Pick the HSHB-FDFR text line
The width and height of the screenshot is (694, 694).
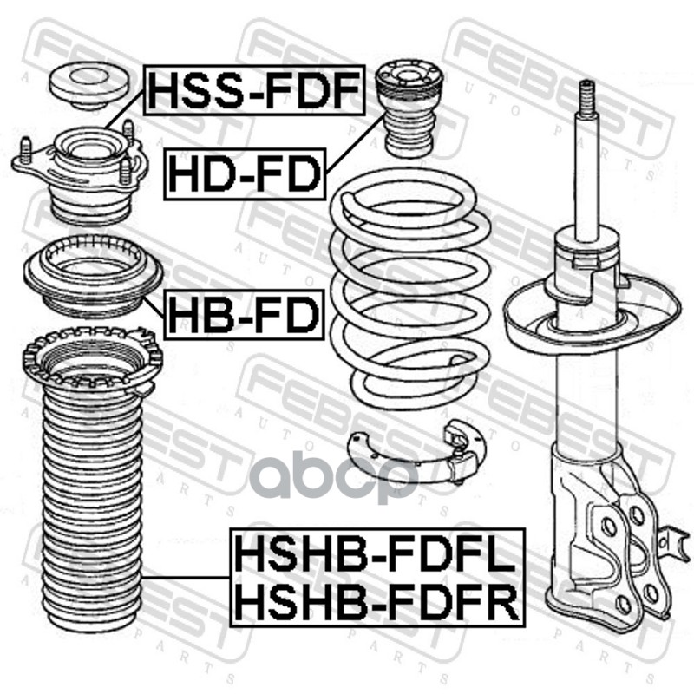click(375, 598)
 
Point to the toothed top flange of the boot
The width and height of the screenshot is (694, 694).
click(92, 356)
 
